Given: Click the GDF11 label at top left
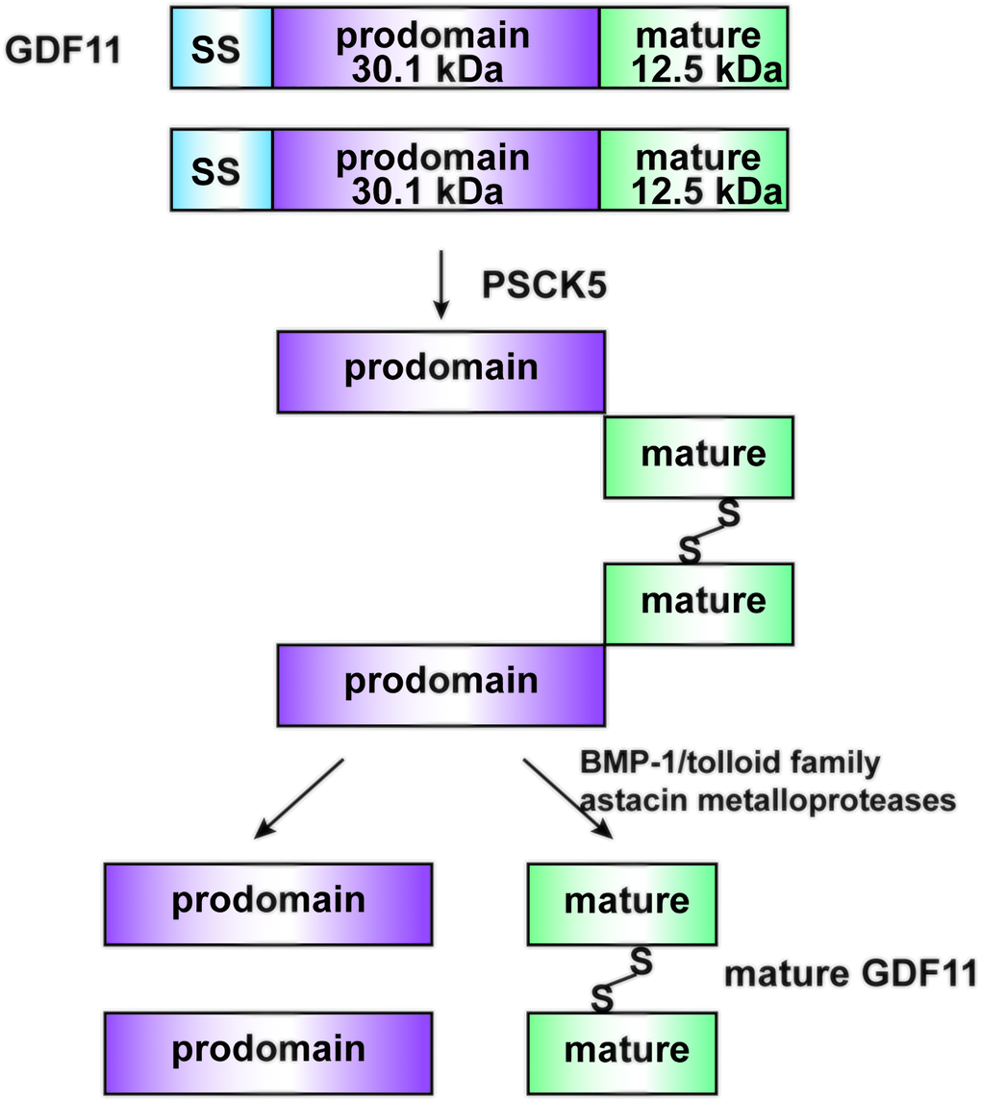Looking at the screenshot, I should pyautogui.click(x=63, y=49).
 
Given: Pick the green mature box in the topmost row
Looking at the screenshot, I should pyautogui.click(x=693, y=48).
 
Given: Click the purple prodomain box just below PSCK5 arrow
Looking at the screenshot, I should pyautogui.click(x=441, y=371).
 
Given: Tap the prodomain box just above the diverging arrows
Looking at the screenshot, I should pyautogui.click(x=441, y=684).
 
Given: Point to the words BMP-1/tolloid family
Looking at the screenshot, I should pyautogui.click(x=730, y=764).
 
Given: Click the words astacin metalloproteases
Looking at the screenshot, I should pyautogui.click(x=767, y=800).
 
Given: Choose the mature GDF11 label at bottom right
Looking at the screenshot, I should pyautogui.click(x=850, y=974).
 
